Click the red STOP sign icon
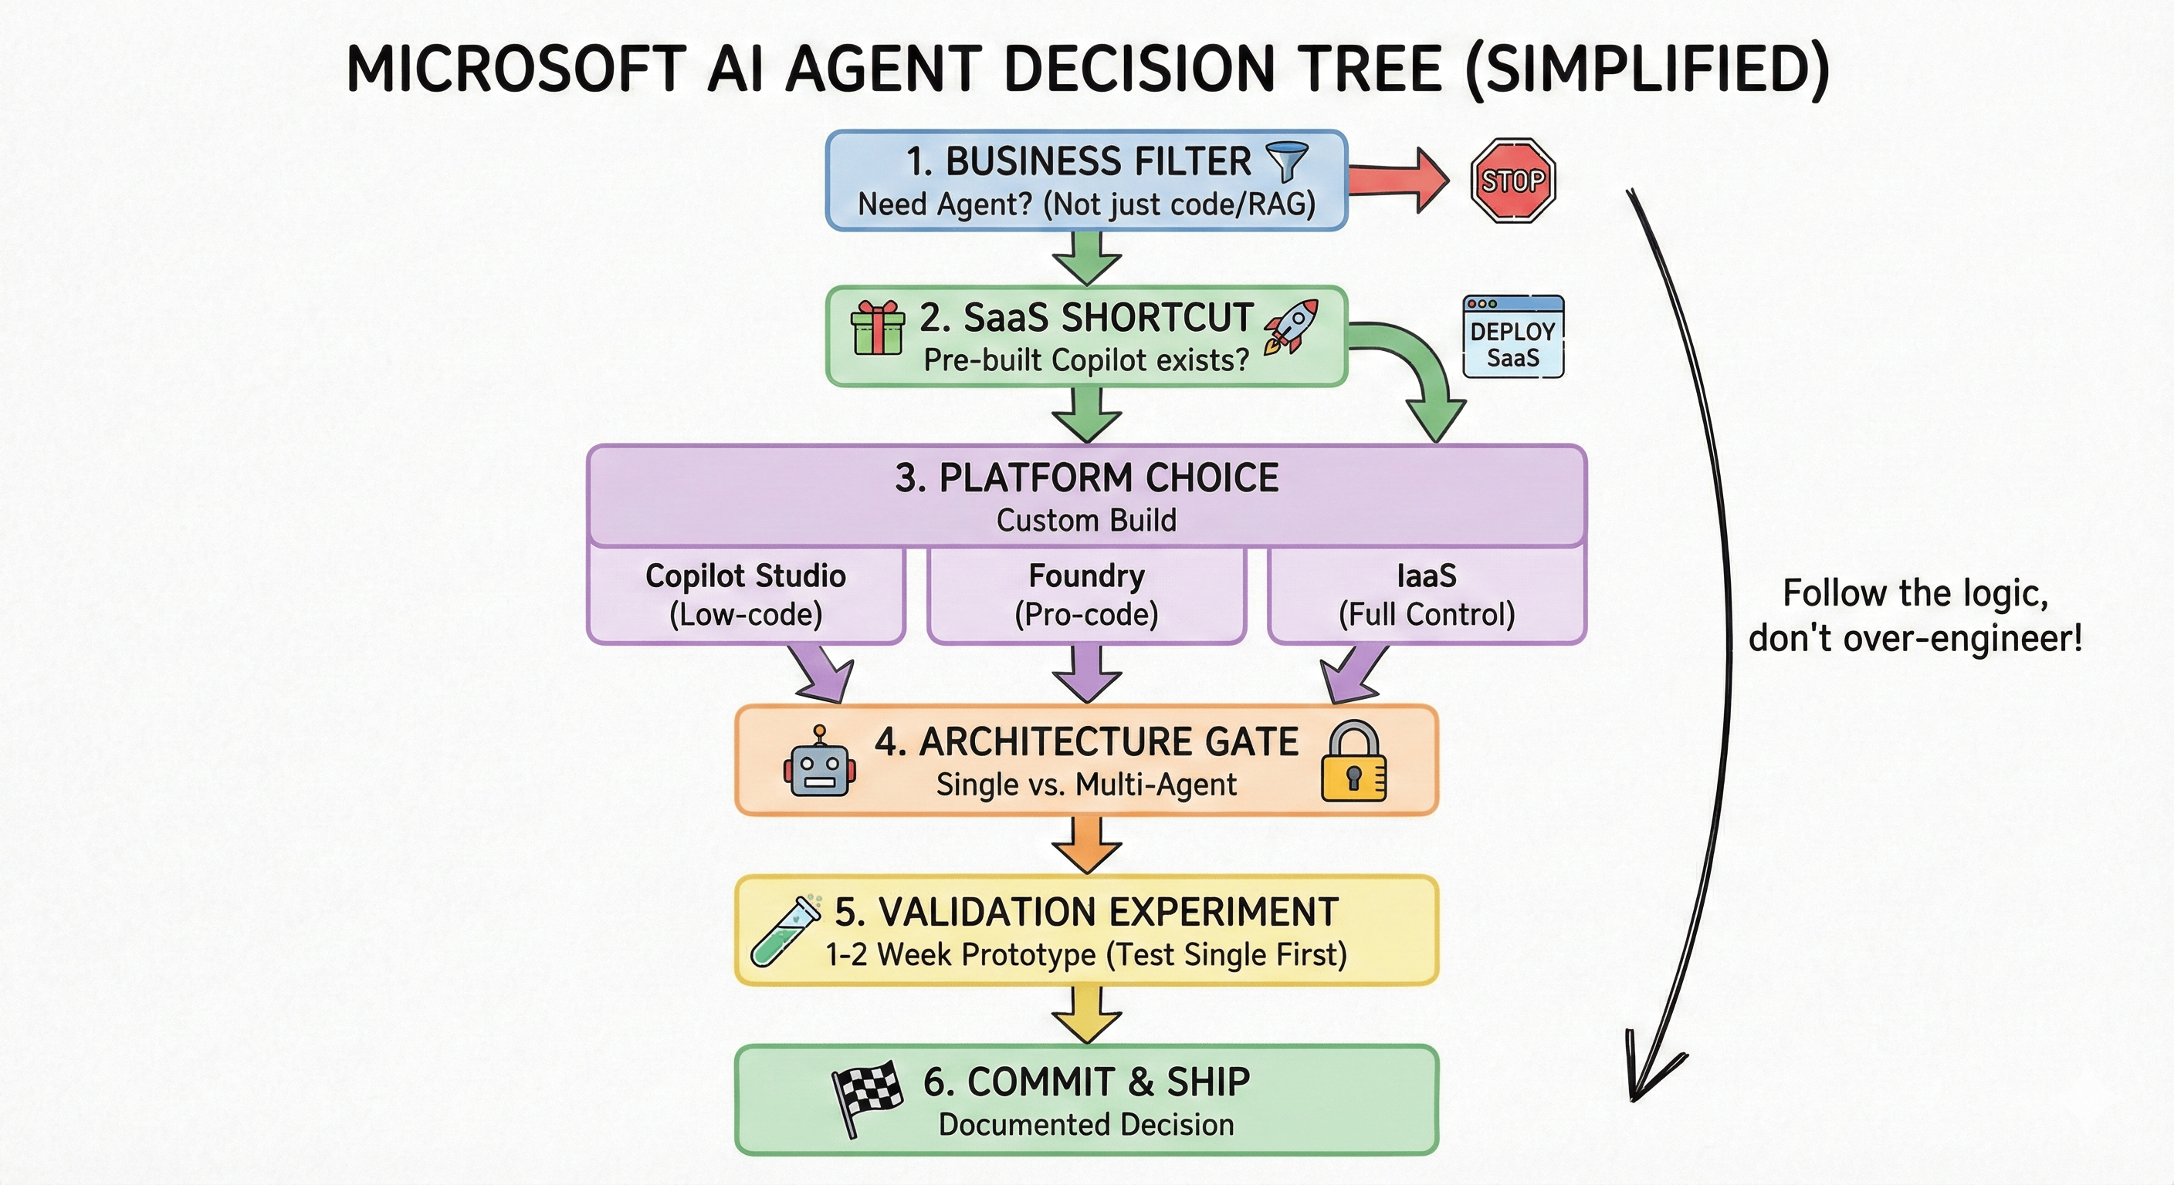(x=1512, y=181)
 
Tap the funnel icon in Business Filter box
(x=1286, y=161)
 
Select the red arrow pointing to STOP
(x=1397, y=180)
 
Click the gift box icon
(x=877, y=328)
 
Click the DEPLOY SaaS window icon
(x=1512, y=336)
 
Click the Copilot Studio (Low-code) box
(x=745, y=596)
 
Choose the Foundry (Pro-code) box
(x=1086, y=596)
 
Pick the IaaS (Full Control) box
(x=1426, y=596)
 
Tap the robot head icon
(x=818, y=763)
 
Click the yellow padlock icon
(x=1353, y=762)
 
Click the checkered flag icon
(x=865, y=1096)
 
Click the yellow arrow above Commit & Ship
(x=1086, y=1015)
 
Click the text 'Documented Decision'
(x=1086, y=1125)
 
